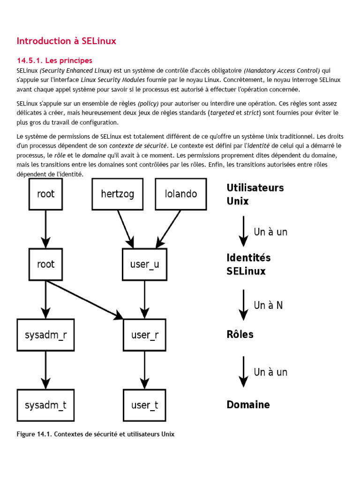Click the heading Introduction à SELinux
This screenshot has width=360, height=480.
tap(66, 41)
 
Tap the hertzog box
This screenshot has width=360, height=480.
tap(117, 194)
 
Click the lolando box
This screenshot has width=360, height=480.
tap(181, 194)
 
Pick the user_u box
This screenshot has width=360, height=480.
tap(144, 264)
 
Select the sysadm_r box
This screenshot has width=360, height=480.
tap(45, 335)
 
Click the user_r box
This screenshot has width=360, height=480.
tap(144, 335)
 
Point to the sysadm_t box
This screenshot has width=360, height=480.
tap(45, 405)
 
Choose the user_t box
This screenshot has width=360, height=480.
tap(144, 405)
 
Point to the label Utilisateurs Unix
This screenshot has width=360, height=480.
tap(255, 194)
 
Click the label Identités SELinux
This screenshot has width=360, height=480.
tap(248, 264)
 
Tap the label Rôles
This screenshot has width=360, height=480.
tap(240, 334)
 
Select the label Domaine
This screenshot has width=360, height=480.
tap(248, 405)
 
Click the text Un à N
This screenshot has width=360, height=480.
tap(268, 305)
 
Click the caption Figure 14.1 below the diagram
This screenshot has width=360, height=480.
tap(95, 434)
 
